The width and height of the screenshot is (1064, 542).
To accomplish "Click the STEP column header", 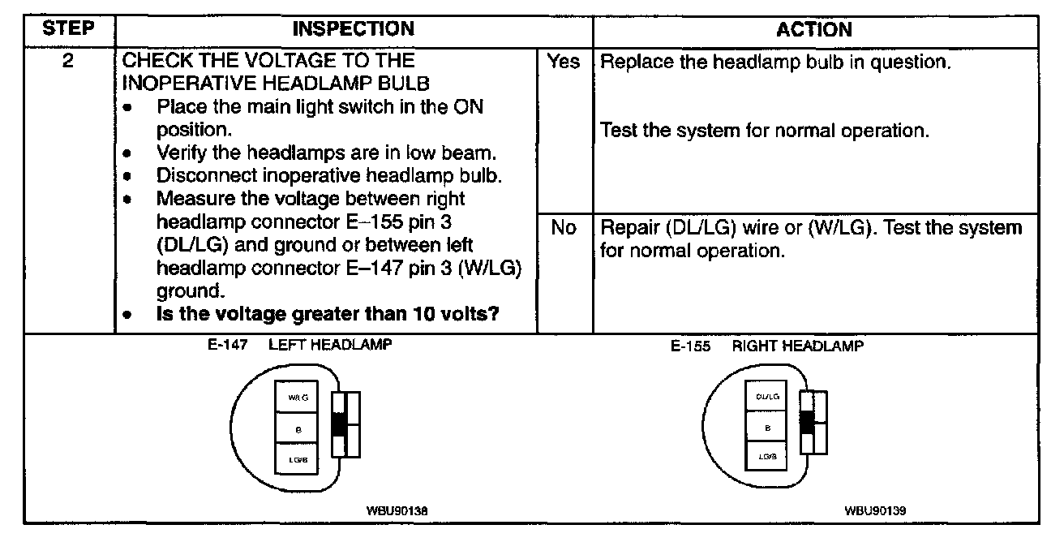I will click(68, 30).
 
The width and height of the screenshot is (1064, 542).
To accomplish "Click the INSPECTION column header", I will click(353, 30).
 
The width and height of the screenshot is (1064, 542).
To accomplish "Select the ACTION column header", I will click(814, 30).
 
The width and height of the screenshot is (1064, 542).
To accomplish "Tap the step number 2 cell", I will click(69, 62).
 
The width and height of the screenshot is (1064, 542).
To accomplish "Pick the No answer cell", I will click(564, 229).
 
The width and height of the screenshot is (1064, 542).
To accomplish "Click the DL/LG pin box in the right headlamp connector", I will click(766, 397).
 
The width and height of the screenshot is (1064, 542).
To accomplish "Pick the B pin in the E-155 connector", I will click(766, 428).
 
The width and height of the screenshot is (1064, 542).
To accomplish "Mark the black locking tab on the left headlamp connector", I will click(339, 424).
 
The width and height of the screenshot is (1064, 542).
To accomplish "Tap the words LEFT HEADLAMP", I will click(330, 345).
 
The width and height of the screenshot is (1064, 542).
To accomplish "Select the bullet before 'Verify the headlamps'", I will click(128, 153).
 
